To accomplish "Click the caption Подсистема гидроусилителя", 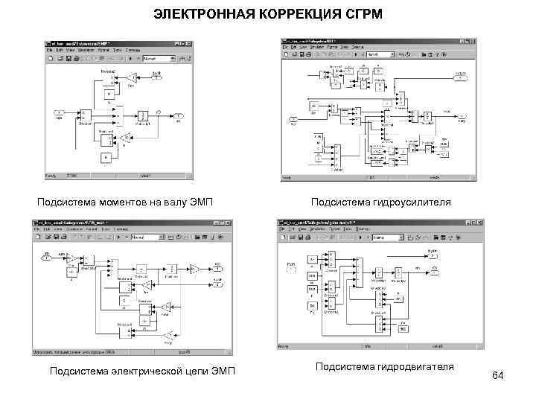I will (380, 202).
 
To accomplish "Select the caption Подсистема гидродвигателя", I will (384, 366).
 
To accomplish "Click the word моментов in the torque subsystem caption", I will (112, 202).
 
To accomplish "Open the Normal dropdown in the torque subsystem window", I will (156, 58).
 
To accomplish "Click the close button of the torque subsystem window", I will (188, 42).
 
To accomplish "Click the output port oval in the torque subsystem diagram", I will (179, 116).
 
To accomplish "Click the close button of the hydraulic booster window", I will (468, 37).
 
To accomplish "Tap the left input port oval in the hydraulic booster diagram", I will (294, 119).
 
